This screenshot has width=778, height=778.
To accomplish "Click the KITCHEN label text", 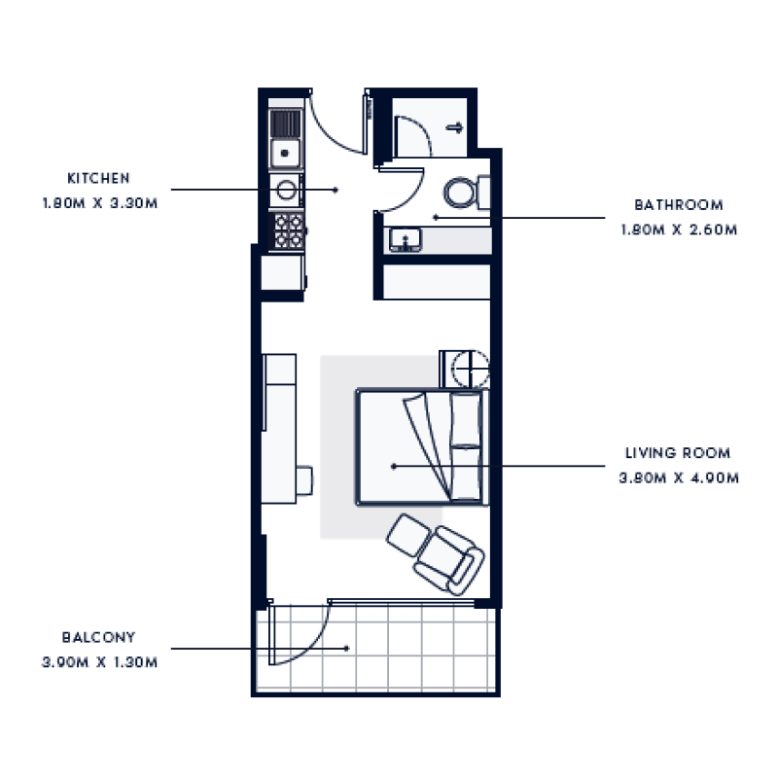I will tap(98, 179).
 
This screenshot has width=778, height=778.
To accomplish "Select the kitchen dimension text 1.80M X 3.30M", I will tap(98, 204).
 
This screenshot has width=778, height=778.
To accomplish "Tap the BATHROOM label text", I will tap(679, 205).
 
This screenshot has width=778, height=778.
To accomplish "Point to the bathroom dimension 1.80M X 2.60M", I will tap(679, 230).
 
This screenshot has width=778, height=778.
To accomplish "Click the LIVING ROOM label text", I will tap(678, 453).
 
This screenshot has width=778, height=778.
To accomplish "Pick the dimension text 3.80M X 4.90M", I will tap(679, 478).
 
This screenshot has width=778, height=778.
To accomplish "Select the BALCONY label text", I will tap(98, 638).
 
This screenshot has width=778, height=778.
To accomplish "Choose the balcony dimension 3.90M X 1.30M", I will tap(98, 663).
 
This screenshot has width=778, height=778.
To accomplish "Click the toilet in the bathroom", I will tap(465, 191).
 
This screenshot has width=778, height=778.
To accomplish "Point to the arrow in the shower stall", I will tap(453, 126).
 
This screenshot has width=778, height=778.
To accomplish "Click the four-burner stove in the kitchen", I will tap(288, 232).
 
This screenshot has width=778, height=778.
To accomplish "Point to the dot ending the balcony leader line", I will tap(346, 647).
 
